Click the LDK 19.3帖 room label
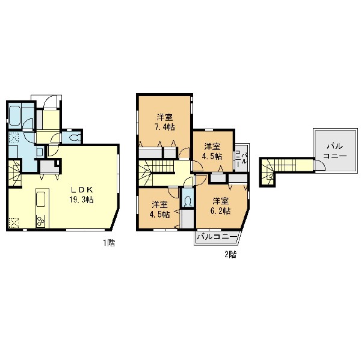pyautogui.click(x=81, y=195)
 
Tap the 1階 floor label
pyautogui.click(x=109, y=243)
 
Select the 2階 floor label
pyautogui.click(x=230, y=254)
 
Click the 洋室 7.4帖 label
pyautogui.click(x=165, y=122)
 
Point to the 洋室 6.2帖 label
pyautogui.click(x=221, y=206)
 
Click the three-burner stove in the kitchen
pyautogui.click(x=40, y=221)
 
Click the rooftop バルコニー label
pyautogui.click(x=335, y=151)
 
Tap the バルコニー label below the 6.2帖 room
pyautogui.click(x=217, y=237)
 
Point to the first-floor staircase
pyautogui.click(x=14, y=174)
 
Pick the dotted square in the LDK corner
pyautogui.click(x=14, y=222)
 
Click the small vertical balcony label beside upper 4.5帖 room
pyautogui.click(x=241, y=158)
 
